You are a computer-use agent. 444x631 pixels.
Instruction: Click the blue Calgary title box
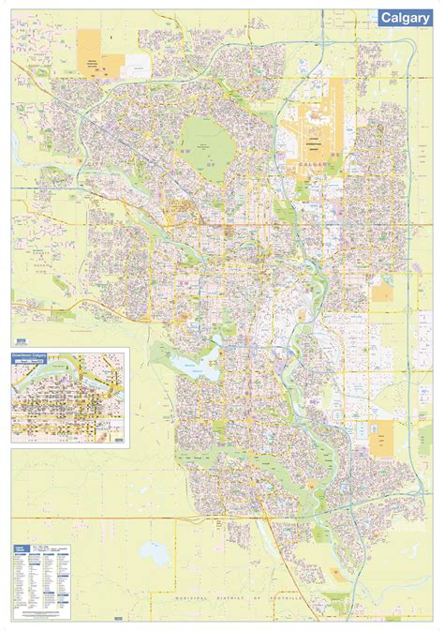click(x=405, y=17)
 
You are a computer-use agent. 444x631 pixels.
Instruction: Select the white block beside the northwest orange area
click(x=137, y=63)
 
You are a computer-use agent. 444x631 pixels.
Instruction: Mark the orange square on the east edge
click(x=381, y=293)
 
